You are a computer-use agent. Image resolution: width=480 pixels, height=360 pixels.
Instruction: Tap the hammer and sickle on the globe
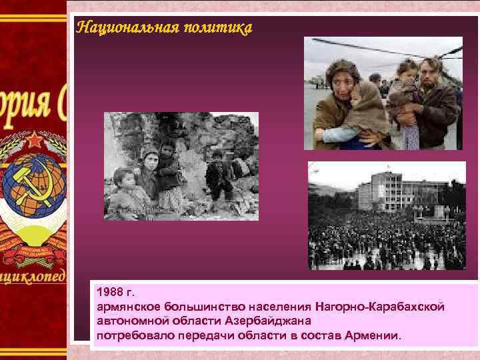(x=30, y=187)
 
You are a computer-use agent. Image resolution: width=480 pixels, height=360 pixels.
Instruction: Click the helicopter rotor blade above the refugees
(x=373, y=48)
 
